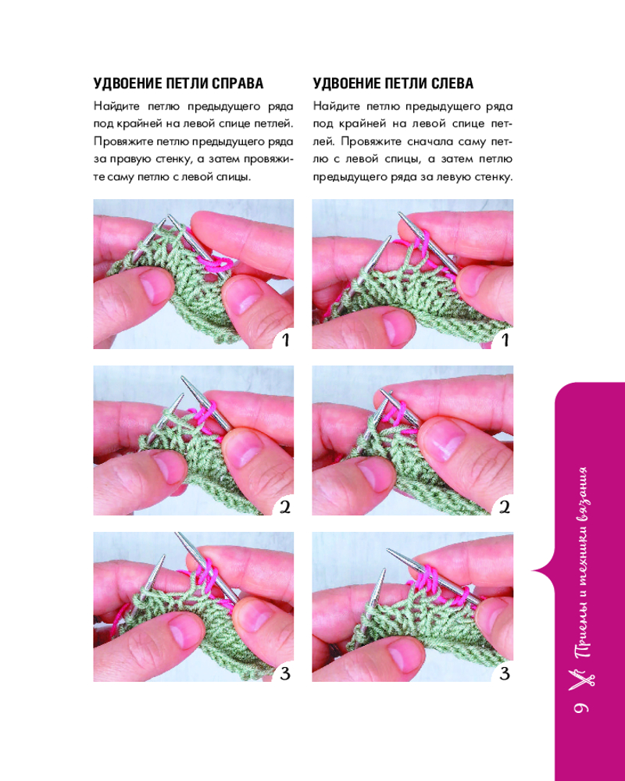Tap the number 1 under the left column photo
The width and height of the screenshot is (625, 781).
(285, 341)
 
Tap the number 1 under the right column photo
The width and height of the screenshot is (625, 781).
(505, 341)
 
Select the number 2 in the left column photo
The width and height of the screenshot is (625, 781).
(285, 508)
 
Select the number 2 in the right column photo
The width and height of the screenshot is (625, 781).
(505, 508)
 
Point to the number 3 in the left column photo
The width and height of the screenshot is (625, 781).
(285, 674)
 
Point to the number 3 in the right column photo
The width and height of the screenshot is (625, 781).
(505, 674)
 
